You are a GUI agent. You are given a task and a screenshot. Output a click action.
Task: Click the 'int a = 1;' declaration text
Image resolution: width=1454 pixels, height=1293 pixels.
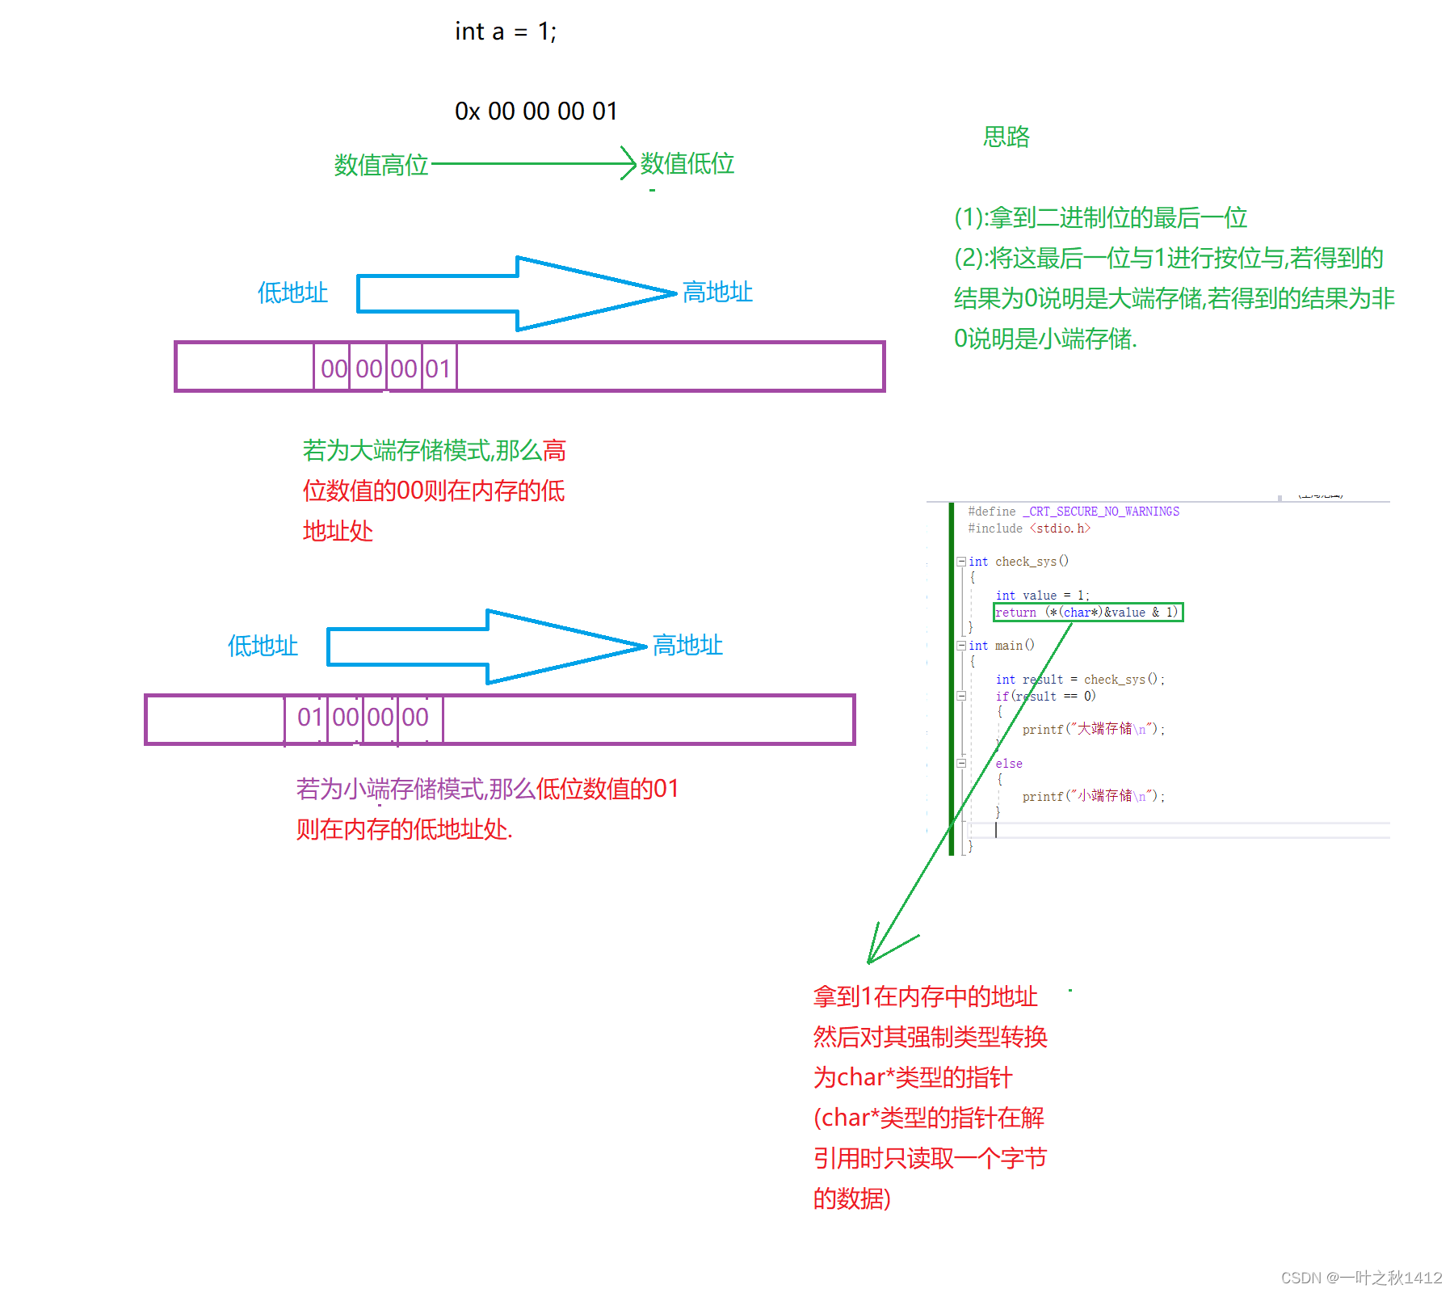tap(506, 32)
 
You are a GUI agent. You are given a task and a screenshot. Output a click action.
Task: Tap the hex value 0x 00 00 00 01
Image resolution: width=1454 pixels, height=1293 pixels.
tap(536, 111)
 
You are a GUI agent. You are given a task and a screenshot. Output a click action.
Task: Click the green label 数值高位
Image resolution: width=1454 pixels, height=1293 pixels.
tap(380, 165)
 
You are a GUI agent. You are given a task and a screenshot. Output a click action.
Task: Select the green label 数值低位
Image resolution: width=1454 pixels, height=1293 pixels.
tap(687, 163)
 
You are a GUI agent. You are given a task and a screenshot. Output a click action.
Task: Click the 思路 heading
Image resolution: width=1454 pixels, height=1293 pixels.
tap(1006, 137)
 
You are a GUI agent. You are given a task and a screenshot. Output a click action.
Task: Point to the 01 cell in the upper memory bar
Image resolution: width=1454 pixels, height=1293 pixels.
tap(439, 369)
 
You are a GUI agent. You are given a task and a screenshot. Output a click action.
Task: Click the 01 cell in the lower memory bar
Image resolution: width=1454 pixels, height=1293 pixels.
tap(309, 717)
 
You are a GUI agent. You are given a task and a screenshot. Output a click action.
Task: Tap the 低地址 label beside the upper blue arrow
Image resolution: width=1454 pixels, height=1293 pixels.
tap(292, 293)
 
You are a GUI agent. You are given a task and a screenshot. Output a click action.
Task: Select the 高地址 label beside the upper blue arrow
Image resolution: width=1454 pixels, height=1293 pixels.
tap(717, 292)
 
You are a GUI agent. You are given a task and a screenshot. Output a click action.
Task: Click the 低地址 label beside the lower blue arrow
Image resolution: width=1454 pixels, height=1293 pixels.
tap(263, 646)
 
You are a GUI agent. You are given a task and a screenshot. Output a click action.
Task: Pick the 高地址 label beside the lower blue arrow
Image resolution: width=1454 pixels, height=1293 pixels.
tap(687, 645)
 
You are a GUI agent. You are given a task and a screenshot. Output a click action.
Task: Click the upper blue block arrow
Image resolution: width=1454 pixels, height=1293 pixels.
tap(517, 293)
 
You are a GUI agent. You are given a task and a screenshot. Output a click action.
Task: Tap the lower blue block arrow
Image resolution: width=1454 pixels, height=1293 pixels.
tap(487, 646)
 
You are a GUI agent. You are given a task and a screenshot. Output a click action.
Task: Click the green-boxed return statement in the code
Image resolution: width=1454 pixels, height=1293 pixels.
tap(1087, 613)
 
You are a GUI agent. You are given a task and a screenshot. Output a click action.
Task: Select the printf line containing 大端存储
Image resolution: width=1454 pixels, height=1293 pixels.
tap(1094, 729)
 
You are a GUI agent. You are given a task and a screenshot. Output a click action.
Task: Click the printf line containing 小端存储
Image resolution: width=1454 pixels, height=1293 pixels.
tap(1094, 796)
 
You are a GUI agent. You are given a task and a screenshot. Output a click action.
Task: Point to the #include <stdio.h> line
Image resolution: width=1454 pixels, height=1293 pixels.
tap(1029, 529)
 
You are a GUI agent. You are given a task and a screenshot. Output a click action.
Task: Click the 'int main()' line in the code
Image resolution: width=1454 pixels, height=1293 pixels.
tap(1001, 646)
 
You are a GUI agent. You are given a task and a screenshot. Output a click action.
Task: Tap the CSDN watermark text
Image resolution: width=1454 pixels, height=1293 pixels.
tap(1361, 1278)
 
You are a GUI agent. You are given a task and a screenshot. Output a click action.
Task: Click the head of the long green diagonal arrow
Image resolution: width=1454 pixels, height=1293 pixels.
tap(870, 961)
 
